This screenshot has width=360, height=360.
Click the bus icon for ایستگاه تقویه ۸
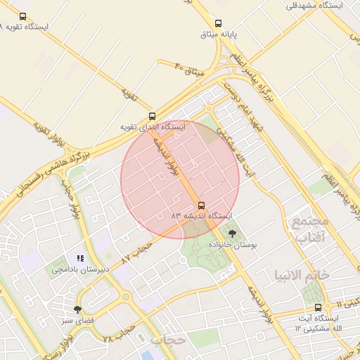pos(22,16)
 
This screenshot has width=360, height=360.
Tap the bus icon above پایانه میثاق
pos(218,23)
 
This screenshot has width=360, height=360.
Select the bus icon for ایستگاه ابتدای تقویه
pos(153,117)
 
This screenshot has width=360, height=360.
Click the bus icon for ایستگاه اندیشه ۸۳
pos(202,205)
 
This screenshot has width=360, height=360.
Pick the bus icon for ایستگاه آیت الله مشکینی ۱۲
pos(319,307)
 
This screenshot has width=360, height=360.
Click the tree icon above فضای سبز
pos(77,309)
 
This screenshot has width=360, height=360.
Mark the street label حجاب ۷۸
pos(119,334)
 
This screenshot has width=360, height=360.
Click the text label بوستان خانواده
pos(233,244)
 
